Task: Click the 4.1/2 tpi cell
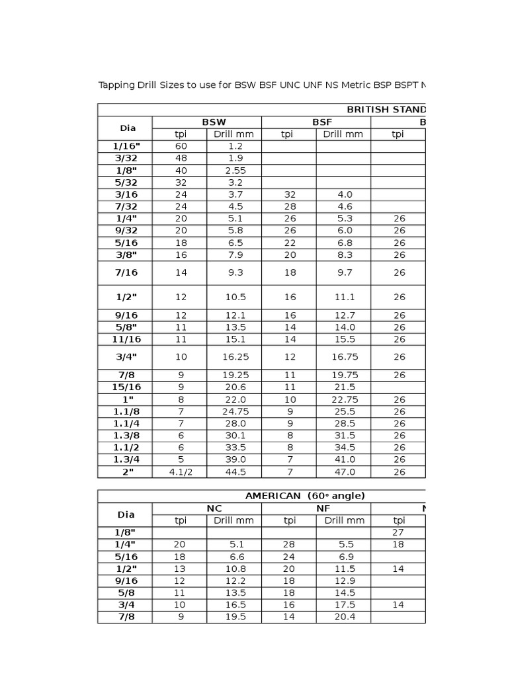[x=180, y=471]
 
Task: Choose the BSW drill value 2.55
[x=234, y=170]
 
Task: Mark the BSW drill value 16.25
[x=234, y=357]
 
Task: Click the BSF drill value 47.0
[x=343, y=471]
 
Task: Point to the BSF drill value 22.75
[x=343, y=399]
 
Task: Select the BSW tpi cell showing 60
[x=180, y=146]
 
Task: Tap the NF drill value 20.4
[x=343, y=617]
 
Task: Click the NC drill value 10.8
[x=234, y=569]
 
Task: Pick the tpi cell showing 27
[x=398, y=532]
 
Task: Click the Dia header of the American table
[x=126, y=514]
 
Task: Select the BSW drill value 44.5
[x=234, y=471]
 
